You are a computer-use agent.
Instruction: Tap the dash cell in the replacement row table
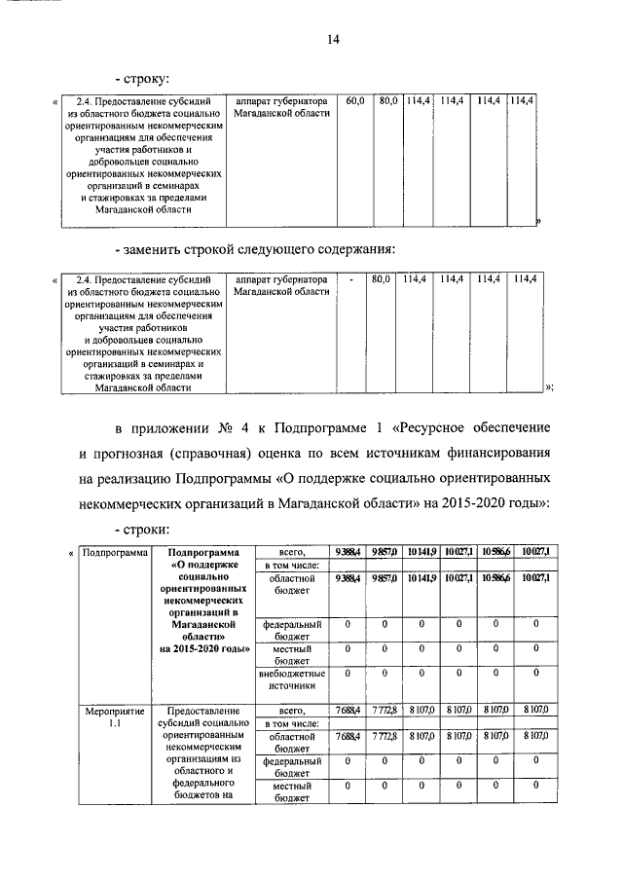349,279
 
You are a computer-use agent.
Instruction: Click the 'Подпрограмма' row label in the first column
114,552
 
